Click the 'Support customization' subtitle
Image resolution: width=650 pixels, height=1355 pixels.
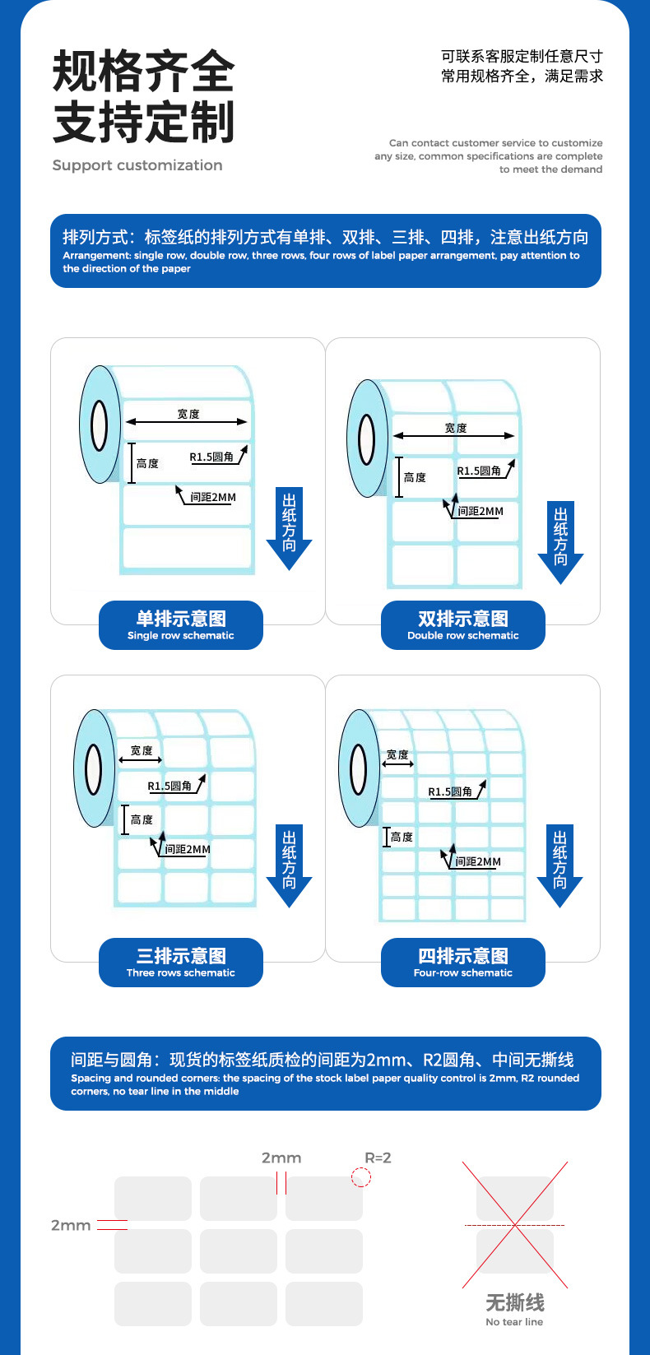(x=137, y=165)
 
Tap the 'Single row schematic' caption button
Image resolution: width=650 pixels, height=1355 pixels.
(x=181, y=625)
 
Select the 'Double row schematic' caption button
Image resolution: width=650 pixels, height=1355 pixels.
(x=463, y=625)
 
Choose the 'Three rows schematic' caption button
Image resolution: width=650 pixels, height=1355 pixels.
(x=181, y=963)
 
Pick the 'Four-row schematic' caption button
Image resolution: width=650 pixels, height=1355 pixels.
(x=463, y=963)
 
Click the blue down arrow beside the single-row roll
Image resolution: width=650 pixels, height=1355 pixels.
(x=290, y=529)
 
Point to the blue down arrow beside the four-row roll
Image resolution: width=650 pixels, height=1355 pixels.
(x=559, y=866)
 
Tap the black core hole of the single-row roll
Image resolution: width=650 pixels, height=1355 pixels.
(x=100, y=425)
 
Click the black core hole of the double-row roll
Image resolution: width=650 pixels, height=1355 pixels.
(x=367, y=439)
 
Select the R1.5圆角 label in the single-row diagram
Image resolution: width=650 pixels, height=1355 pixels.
(x=211, y=457)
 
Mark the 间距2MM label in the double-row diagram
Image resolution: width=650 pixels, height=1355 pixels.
(x=481, y=511)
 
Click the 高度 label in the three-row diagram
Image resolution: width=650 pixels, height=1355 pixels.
(x=142, y=819)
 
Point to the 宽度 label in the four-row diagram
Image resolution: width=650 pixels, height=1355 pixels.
(x=397, y=755)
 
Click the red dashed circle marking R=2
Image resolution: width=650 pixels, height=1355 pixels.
(x=360, y=1177)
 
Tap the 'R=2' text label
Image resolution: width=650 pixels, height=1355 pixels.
(x=378, y=1158)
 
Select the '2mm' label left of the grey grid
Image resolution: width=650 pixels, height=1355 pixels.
(x=71, y=1226)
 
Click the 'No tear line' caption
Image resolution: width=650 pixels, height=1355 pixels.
(x=514, y=1322)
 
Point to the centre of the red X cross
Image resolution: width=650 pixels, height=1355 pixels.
(x=514, y=1225)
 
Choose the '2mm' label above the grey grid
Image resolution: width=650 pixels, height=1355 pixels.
(x=281, y=1158)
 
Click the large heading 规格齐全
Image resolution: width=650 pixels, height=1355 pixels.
(x=143, y=72)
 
